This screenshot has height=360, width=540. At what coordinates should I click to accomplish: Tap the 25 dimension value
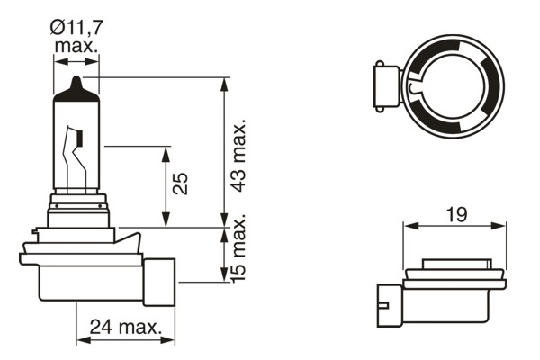point(180,184)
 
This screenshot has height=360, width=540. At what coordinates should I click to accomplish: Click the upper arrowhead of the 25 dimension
point(166,151)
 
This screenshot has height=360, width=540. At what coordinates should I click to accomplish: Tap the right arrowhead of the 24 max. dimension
point(170,340)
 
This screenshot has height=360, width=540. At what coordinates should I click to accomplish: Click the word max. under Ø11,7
point(76,45)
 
